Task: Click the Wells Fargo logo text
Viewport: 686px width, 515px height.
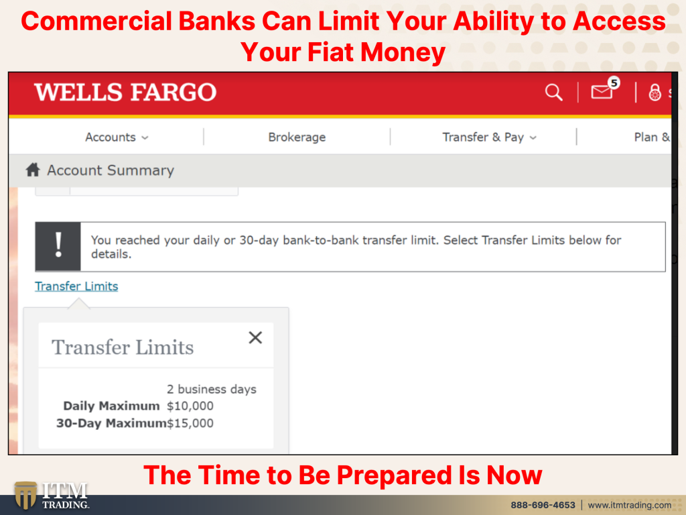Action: point(125,93)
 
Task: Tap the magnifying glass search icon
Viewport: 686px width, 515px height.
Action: point(553,93)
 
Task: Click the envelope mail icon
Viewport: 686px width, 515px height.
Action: point(602,92)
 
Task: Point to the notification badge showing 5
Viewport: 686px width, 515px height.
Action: point(614,82)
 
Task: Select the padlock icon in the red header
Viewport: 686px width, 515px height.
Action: point(655,93)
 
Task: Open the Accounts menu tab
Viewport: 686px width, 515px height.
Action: point(117,137)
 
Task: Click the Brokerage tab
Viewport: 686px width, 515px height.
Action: point(297,137)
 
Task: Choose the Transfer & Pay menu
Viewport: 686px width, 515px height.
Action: point(489,137)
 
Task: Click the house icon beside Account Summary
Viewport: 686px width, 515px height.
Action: point(33,170)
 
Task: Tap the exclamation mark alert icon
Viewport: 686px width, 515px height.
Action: point(58,247)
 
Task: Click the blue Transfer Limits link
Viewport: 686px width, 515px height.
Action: point(76,286)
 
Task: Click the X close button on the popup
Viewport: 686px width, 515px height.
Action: point(255,338)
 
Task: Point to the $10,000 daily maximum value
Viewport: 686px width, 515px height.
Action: point(190,406)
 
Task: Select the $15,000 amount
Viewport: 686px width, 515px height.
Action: point(190,423)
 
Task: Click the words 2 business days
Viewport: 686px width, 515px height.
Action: point(212,390)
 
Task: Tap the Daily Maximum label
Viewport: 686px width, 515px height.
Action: point(112,406)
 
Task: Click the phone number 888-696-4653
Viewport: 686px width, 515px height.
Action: point(543,505)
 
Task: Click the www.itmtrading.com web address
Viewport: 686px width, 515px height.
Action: point(630,505)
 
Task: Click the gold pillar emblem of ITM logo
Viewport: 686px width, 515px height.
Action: point(25,495)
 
